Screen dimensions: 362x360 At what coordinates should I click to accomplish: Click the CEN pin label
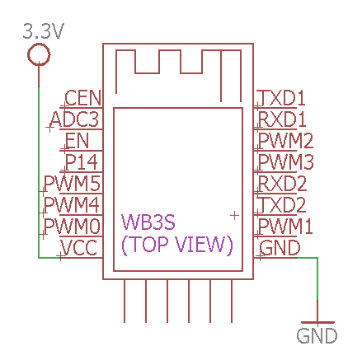coord(83,98)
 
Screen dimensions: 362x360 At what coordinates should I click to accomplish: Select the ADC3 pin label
coord(74,119)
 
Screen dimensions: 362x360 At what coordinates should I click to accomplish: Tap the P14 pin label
coord(82,162)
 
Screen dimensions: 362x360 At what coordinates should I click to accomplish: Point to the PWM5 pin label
coord(73,183)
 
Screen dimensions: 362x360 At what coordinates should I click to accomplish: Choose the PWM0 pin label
coord(73,226)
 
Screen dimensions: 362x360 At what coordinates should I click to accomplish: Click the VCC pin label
coord(79,247)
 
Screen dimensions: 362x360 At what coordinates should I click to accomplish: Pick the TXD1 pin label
coord(282,98)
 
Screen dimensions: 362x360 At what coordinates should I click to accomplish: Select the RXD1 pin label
coord(282,119)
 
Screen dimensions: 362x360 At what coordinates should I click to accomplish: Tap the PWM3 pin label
coord(286,162)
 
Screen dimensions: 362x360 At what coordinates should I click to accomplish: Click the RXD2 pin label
coord(283,183)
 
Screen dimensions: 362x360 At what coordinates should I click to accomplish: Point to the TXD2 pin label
coord(283,204)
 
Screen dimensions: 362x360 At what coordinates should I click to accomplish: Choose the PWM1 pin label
coord(285,226)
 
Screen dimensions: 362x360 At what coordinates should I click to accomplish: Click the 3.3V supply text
coord(44,31)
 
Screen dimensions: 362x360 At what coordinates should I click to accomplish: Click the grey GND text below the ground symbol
coord(317,335)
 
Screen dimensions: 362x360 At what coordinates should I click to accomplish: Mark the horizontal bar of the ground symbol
coord(317,322)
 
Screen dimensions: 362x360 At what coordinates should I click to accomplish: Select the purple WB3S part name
coord(148,222)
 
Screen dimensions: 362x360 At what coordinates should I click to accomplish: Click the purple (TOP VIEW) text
coord(177,244)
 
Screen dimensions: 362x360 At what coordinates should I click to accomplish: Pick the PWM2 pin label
coord(286,141)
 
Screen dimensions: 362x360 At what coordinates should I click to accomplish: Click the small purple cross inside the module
coord(234,216)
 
